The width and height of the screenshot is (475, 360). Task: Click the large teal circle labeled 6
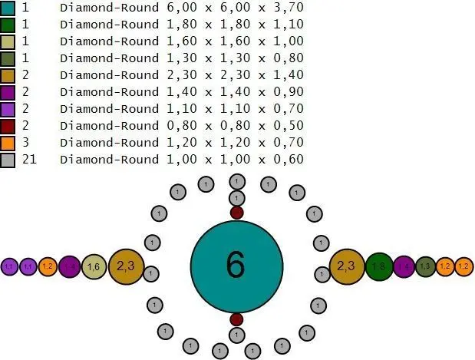pyautogui.click(x=236, y=265)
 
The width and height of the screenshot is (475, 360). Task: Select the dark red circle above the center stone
pyautogui.click(x=236, y=212)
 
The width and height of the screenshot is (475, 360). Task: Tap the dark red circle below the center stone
pyautogui.click(x=236, y=319)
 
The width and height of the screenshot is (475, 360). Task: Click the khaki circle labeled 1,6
pyautogui.click(x=94, y=266)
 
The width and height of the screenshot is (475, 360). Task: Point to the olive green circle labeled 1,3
pyautogui.click(x=426, y=266)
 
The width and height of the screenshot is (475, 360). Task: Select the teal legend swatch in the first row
pyautogui.click(x=8, y=7)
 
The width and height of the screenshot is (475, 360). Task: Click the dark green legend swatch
pyautogui.click(x=8, y=24)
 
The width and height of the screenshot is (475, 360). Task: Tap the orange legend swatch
pyautogui.click(x=8, y=142)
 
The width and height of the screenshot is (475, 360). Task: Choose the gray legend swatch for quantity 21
pyautogui.click(x=8, y=159)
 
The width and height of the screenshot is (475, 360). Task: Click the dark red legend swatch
pyautogui.click(x=8, y=125)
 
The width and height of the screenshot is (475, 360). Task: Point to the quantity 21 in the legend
pyautogui.click(x=30, y=159)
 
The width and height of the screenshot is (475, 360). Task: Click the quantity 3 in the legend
pyautogui.click(x=27, y=142)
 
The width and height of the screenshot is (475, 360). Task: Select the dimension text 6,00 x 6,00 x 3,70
pyautogui.click(x=235, y=7)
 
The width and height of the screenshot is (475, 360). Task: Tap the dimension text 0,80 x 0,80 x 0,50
pyautogui.click(x=235, y=125)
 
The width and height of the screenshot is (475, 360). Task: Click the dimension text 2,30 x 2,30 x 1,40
pyautogui.click(x=235, y=74)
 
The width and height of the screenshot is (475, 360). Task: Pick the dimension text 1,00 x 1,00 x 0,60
pyautogui.click(x=235, y=159)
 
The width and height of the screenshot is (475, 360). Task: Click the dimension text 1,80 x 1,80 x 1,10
pyautogui.click(x=235, y=24)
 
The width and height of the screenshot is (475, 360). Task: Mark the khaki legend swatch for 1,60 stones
pyautogui.click(x=8, y=41)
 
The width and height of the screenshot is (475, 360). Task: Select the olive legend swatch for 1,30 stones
pyautogui.click(x=8, y=58)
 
